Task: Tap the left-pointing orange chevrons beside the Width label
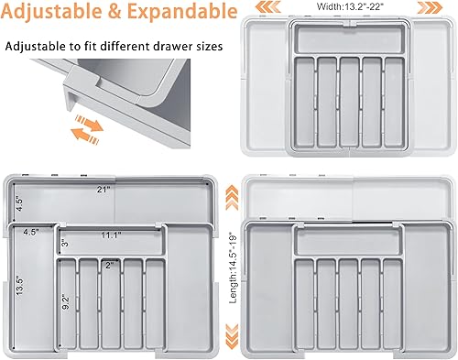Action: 264,7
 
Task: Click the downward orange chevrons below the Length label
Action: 234,345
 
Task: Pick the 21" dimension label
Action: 104,190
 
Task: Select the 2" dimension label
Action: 109,266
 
